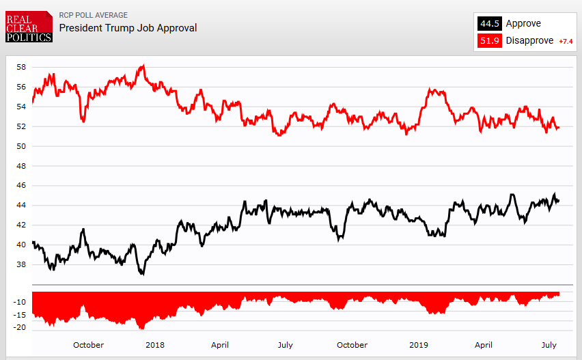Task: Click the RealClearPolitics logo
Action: pyautogui.click(x=28, y=27)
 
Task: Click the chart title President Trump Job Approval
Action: pyautogui.click(x=128, y=28)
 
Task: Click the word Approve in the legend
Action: pyautogui.click(x=523, y=24)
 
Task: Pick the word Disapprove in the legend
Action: pyautogui.click(x=529, y=41)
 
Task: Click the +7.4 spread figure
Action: pyautogui.click(x=566, y=42)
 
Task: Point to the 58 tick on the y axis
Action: pyautogui.click(x=21, y=67)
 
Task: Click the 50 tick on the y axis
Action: pyautogui.click(x=21, y=146)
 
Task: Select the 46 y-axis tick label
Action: pyautogui.click(x=21, y=185)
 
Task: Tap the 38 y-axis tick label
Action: pyautogui.click(x=21, y=264)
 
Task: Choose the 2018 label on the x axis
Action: pyautogui.click(x=154, y=345)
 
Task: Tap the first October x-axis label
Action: pyautogui.click(x=88, y=345)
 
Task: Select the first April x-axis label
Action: pyautogui.click(x=220, y=345)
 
